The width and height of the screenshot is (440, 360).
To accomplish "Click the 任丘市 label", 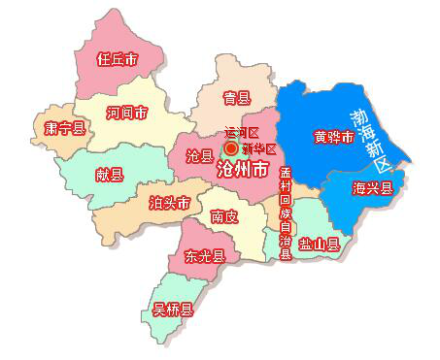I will pyautogui.click(x=118, y=59).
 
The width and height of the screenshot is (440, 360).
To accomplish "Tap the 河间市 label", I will pyautogui.click(x=128, y=114).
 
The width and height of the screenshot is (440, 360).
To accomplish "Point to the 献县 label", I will pyautogui.click(x=109, y=175).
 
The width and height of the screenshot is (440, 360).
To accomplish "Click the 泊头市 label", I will pyautogui.click(x=169, y=203).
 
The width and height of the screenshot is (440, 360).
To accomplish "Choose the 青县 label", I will pyautogui.click(x=236, y=97).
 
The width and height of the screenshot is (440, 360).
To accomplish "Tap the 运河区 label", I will pyautogui.click(x=242, y=132).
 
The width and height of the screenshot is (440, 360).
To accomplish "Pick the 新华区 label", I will pyautogui.click(x=259, y=148).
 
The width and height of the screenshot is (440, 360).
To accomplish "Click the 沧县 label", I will pyautogui.click(x=199, y=155).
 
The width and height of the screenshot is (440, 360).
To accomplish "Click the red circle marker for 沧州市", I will pyautogui.click(x=231, y=148).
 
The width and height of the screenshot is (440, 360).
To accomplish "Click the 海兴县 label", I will pyautogui.click(x=372, y=188).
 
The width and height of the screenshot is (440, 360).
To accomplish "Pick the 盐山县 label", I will pyautogui.click(x=319, y=244).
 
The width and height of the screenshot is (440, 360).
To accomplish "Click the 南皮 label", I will pyautogui.click(x=224, y=216).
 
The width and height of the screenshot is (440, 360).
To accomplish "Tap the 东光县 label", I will pyautogui.click(x=205, y=257).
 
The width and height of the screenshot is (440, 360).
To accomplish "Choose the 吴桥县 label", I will pyautogui.click(x=173, y=311).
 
